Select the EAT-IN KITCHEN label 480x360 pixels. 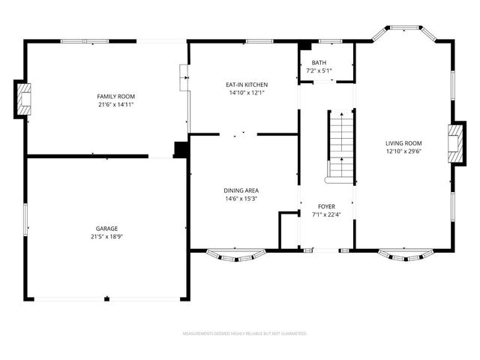tap(247, 85)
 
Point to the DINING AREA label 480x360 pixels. tap(241, 190)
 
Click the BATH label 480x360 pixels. tap(319, 62)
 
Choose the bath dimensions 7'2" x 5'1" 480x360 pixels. tap(319, 70)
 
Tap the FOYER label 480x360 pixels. tap(326, 206)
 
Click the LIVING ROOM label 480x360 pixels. tap(403, 143)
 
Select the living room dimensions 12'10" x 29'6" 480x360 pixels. tap(403, 151)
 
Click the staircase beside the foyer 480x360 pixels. tap(341, 146)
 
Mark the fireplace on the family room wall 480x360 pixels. tap(24, 99)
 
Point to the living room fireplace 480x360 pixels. tap(454, 142)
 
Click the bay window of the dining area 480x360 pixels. tap(235, 256)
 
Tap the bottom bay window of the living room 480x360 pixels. tap(405, 256)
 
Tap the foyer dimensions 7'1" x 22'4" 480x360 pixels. tap(326, 214)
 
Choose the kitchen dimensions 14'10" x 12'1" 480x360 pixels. tap(247, 93)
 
